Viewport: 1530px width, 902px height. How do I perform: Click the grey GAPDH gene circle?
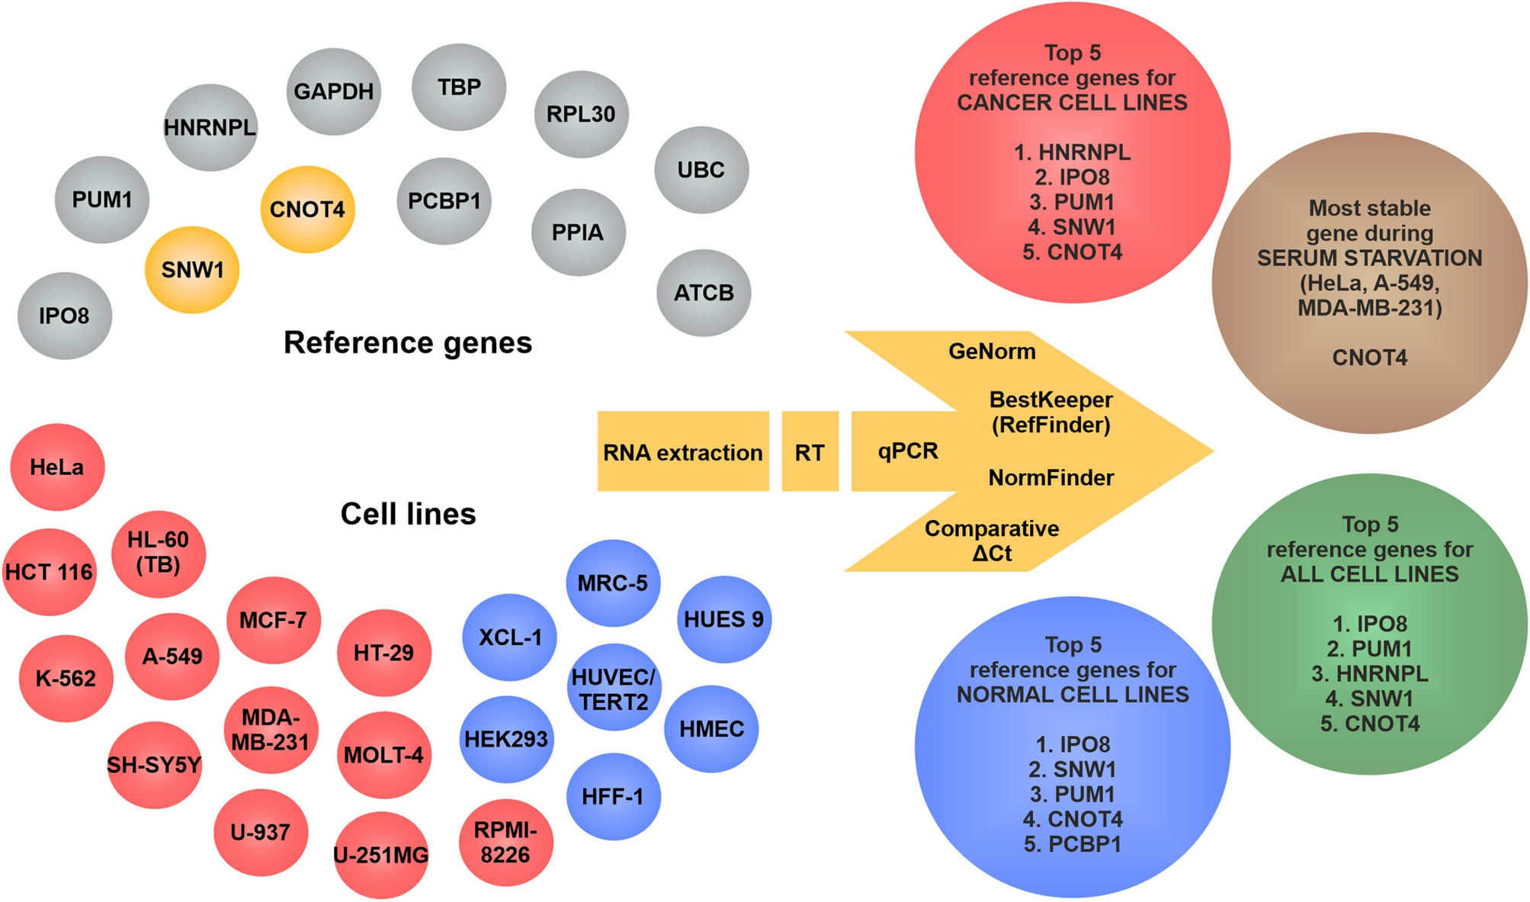pos(333,91)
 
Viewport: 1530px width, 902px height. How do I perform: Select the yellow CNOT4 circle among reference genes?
pos(307,209)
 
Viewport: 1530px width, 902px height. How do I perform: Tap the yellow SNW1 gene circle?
pos(192,270)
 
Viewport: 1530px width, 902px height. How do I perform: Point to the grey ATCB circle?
pos(703,293)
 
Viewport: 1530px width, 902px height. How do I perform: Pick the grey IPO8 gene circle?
pos(65,316)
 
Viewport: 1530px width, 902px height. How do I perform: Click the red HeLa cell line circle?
pos(57,467)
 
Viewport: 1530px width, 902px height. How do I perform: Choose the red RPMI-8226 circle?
pos(505,843)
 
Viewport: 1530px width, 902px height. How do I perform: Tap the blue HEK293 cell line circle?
pos(506,738)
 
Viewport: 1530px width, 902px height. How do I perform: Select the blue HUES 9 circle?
pos(723,619)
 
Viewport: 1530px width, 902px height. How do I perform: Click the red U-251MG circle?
pos(381,855)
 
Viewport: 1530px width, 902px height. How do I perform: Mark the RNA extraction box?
pos(682,452)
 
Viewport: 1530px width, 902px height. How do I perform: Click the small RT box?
pos(810,452)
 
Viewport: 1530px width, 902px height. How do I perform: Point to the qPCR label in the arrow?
pos(907,451)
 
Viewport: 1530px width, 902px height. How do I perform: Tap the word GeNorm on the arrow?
pos(992,351)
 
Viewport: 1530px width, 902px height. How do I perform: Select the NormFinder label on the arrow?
pos(1050,478)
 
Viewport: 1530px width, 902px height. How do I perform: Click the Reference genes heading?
pos(408,342)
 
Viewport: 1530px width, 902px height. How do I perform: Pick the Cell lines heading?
pos(408,514)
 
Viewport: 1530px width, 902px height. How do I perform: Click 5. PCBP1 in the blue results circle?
pos(1072,844)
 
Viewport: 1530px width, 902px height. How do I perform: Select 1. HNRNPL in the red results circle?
pos(1072,152)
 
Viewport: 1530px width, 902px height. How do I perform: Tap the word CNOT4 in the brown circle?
pos(1369,358)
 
